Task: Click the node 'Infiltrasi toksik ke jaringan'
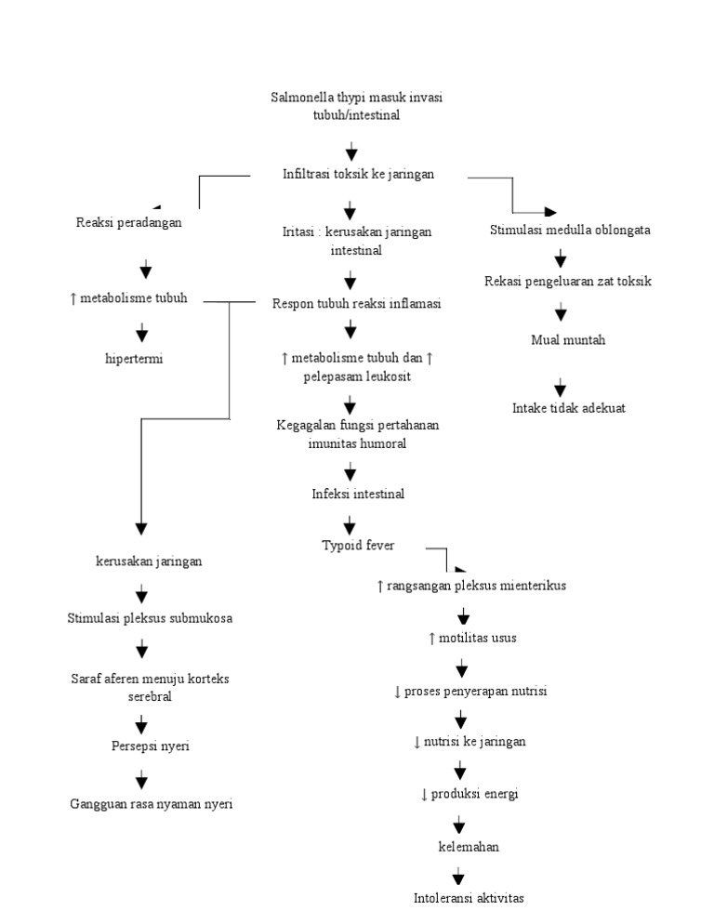point(358,174)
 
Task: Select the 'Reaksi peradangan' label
point(128,223)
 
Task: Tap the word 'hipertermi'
point(134,359)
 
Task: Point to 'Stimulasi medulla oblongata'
point(570,230)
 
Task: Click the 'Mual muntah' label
point(568,340)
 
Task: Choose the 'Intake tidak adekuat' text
point(568,408)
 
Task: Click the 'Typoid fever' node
point(358,545)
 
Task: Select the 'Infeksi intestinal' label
point(358,494)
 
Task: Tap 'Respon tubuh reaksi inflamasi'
point(357,303)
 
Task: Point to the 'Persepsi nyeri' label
point(151,746)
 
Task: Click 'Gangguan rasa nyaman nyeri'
point(151,804)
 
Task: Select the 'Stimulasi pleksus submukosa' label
point(150,618)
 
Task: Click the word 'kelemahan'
point(469,847)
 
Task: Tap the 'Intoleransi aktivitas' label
point(469,898)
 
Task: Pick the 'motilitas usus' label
point(477,638)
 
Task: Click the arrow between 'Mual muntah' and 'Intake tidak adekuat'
point(560,387)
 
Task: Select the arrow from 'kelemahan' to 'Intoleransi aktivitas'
point(458,876)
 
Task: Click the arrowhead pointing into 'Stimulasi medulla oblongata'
point(550,212)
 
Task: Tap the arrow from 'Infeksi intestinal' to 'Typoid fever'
point(350,525)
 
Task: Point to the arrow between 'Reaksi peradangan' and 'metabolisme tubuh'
point(146,269)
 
